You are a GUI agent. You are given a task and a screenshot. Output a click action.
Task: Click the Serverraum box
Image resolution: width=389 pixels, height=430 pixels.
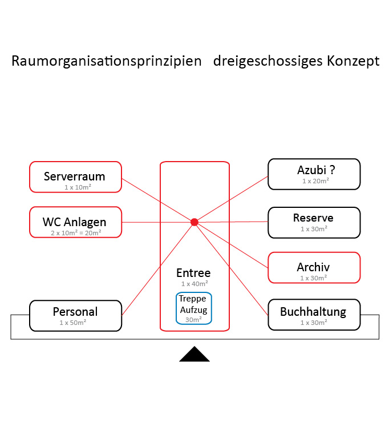pyautogui.click(x=76, y=177)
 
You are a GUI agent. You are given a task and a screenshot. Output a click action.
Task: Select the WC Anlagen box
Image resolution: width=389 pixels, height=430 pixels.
pyautogui.click(x=76, y=222)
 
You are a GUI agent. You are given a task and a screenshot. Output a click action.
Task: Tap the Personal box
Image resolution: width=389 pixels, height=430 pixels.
pyautogui.click(x=76, y=316)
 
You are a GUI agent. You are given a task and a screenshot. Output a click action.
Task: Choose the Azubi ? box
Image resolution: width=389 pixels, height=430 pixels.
pyautogui.click(x=314, y=174)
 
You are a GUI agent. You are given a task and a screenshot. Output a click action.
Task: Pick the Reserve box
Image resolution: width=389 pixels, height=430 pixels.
pyautogui.click(x=314, y=223)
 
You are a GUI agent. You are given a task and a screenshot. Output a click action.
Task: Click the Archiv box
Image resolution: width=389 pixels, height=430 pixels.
pyautogui.click(x=314, y=268)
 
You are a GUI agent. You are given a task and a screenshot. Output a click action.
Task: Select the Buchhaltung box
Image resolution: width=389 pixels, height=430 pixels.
pyautogui.click(x=314, y=315)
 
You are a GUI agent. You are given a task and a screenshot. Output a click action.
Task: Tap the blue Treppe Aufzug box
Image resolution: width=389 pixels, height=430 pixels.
pyautogui.click(x=194, y=308)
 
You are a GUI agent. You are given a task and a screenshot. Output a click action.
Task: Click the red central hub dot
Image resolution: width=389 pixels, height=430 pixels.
pyautogui.click(x=195, y=222)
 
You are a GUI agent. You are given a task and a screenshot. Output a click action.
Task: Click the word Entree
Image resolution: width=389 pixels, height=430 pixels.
pyautogui.click(x=193, y=273)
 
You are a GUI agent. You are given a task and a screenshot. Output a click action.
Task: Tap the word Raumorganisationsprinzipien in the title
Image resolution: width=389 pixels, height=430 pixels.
pyautogui.click(x=107, y=61)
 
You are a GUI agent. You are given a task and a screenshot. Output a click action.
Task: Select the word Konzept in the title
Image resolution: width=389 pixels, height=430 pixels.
pyautogui.click(x=353, y=61)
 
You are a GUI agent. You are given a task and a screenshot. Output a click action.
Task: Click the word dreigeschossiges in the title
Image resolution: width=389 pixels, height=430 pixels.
pyautogui.click(x=268, y=61)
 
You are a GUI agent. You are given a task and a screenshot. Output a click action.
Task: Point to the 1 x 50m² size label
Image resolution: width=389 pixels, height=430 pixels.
pyautogui.click(x=73, y=323)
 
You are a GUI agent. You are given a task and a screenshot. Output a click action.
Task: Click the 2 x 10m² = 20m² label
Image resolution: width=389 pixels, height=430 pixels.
pyautogui.click(x=76, y=233)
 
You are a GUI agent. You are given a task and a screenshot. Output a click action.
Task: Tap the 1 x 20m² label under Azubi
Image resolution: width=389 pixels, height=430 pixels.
pyautogui.click(x=315, y=181)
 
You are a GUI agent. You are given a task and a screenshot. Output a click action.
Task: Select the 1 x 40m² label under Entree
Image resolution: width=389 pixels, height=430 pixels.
pyautogui.click(x=195, y=284)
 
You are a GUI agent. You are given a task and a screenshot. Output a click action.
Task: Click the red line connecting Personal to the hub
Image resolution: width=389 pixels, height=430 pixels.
pyautogui.click(x=158, y=269)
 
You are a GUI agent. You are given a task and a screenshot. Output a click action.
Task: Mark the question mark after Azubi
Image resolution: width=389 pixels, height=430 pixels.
pyautogui.click(x=333, y=170)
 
